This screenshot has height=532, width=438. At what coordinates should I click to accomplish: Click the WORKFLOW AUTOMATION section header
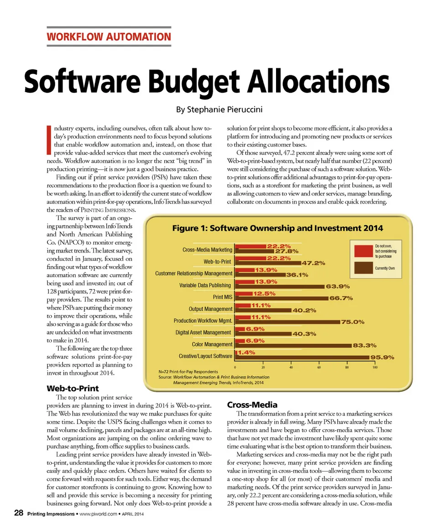tap(109, 37)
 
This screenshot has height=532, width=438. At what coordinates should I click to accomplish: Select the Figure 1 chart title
tap(277, 228)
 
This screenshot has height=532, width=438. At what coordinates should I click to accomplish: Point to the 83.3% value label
tap(364, 346)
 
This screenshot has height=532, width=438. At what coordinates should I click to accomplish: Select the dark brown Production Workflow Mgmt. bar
tap(288, 322)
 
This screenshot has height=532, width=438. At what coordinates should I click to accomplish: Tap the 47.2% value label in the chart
tap(313, 263)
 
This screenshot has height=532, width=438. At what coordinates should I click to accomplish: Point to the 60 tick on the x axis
tap(319, 367)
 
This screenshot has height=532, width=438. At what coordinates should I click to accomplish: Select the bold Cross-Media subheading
tap(252, 405)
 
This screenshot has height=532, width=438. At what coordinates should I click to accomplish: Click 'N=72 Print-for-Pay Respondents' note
tap(188, 372)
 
